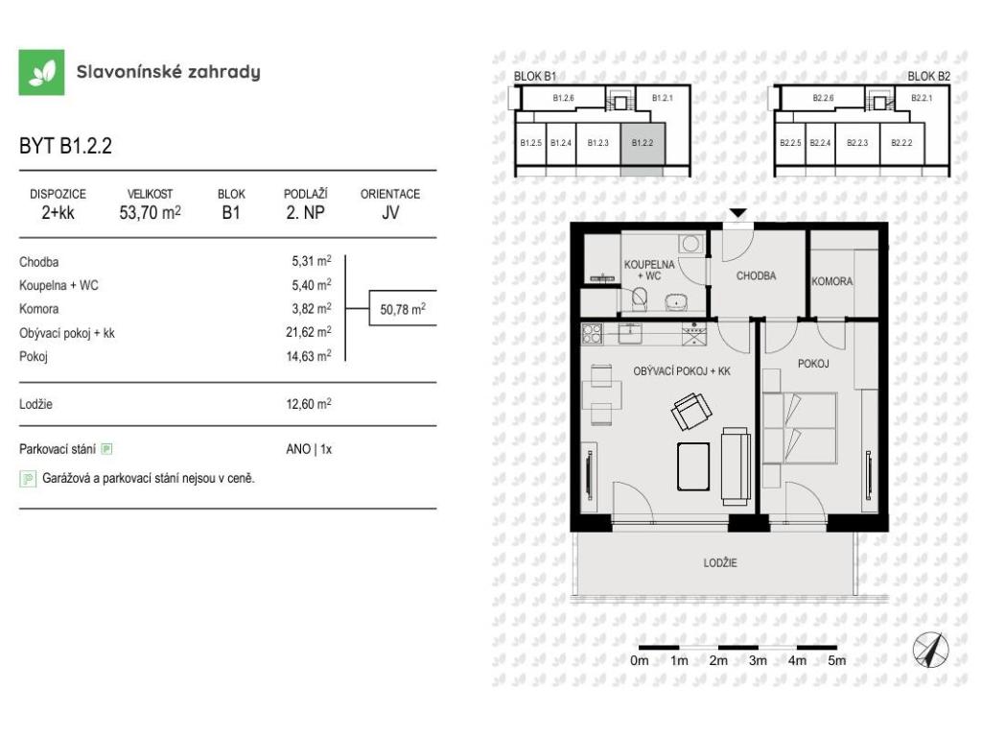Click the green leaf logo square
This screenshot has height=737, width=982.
41,72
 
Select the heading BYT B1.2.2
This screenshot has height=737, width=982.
66,146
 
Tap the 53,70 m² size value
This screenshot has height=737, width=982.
151,212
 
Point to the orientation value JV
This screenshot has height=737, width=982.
390,212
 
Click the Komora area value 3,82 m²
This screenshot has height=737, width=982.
312,308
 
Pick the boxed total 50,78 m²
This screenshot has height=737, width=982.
403,308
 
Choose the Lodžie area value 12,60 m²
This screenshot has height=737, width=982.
309,404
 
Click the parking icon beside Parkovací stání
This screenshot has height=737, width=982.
107,449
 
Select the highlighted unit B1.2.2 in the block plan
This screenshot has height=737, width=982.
643,144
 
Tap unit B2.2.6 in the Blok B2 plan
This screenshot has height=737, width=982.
823,98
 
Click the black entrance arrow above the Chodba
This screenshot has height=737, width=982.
738,213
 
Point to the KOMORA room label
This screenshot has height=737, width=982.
831,281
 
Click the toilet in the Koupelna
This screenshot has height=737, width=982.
639,298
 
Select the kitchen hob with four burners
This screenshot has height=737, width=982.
592,333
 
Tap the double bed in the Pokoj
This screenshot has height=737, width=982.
800,428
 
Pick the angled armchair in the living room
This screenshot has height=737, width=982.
691,411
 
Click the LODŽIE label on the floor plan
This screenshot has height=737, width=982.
720,562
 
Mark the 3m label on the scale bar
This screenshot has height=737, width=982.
758,660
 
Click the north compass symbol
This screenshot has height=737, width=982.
930,650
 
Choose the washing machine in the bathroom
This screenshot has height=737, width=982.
691,245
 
